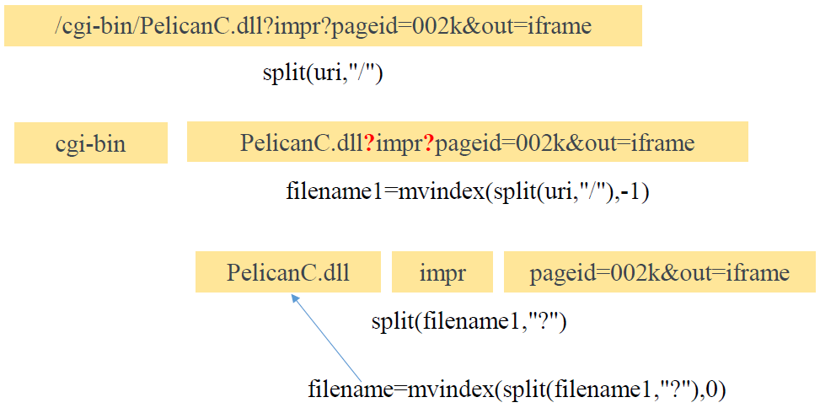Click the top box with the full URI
[323, 25]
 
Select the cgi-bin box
[90, 142]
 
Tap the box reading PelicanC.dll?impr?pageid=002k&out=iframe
[467, 142]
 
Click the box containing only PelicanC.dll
[287, 272]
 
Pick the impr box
[443, 272]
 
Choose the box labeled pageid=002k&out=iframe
[659, 272]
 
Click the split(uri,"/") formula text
[324, 72]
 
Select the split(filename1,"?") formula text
[469, 321]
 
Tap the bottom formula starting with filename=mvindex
[517, 389]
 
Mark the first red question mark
[369, 143]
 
